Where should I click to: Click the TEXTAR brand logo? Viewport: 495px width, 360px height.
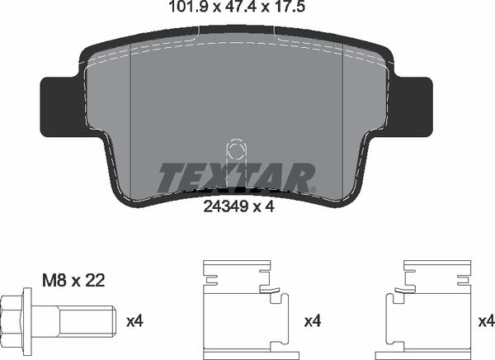(x=237, y=178)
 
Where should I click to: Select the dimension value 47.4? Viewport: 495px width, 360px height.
(x=235, y=11)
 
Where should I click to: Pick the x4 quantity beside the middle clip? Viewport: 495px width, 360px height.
(x=314, y=320)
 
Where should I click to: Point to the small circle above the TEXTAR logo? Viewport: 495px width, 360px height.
(x=236, y=151)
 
